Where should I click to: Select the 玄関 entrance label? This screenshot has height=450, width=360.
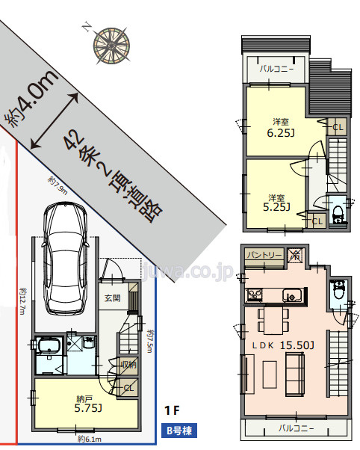(112, 298)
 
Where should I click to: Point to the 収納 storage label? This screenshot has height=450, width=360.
(128, 366)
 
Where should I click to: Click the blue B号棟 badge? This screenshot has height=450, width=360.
(181, 431)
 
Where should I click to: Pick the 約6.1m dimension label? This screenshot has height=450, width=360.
(90, 438)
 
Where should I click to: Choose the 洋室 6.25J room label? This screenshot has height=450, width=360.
(280, 128)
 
